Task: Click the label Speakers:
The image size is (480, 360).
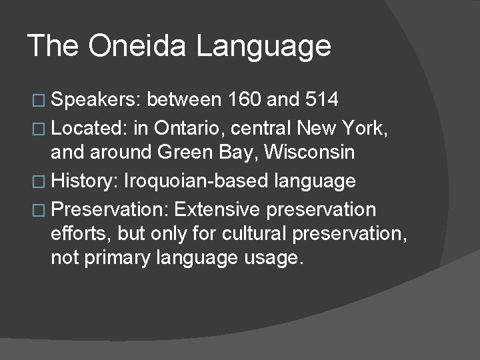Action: [x=96, y=101]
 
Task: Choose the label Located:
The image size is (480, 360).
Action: [x=91, y=126]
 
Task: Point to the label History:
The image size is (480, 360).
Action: [x=85, y=181]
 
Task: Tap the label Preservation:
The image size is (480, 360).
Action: [x=111, y=210]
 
